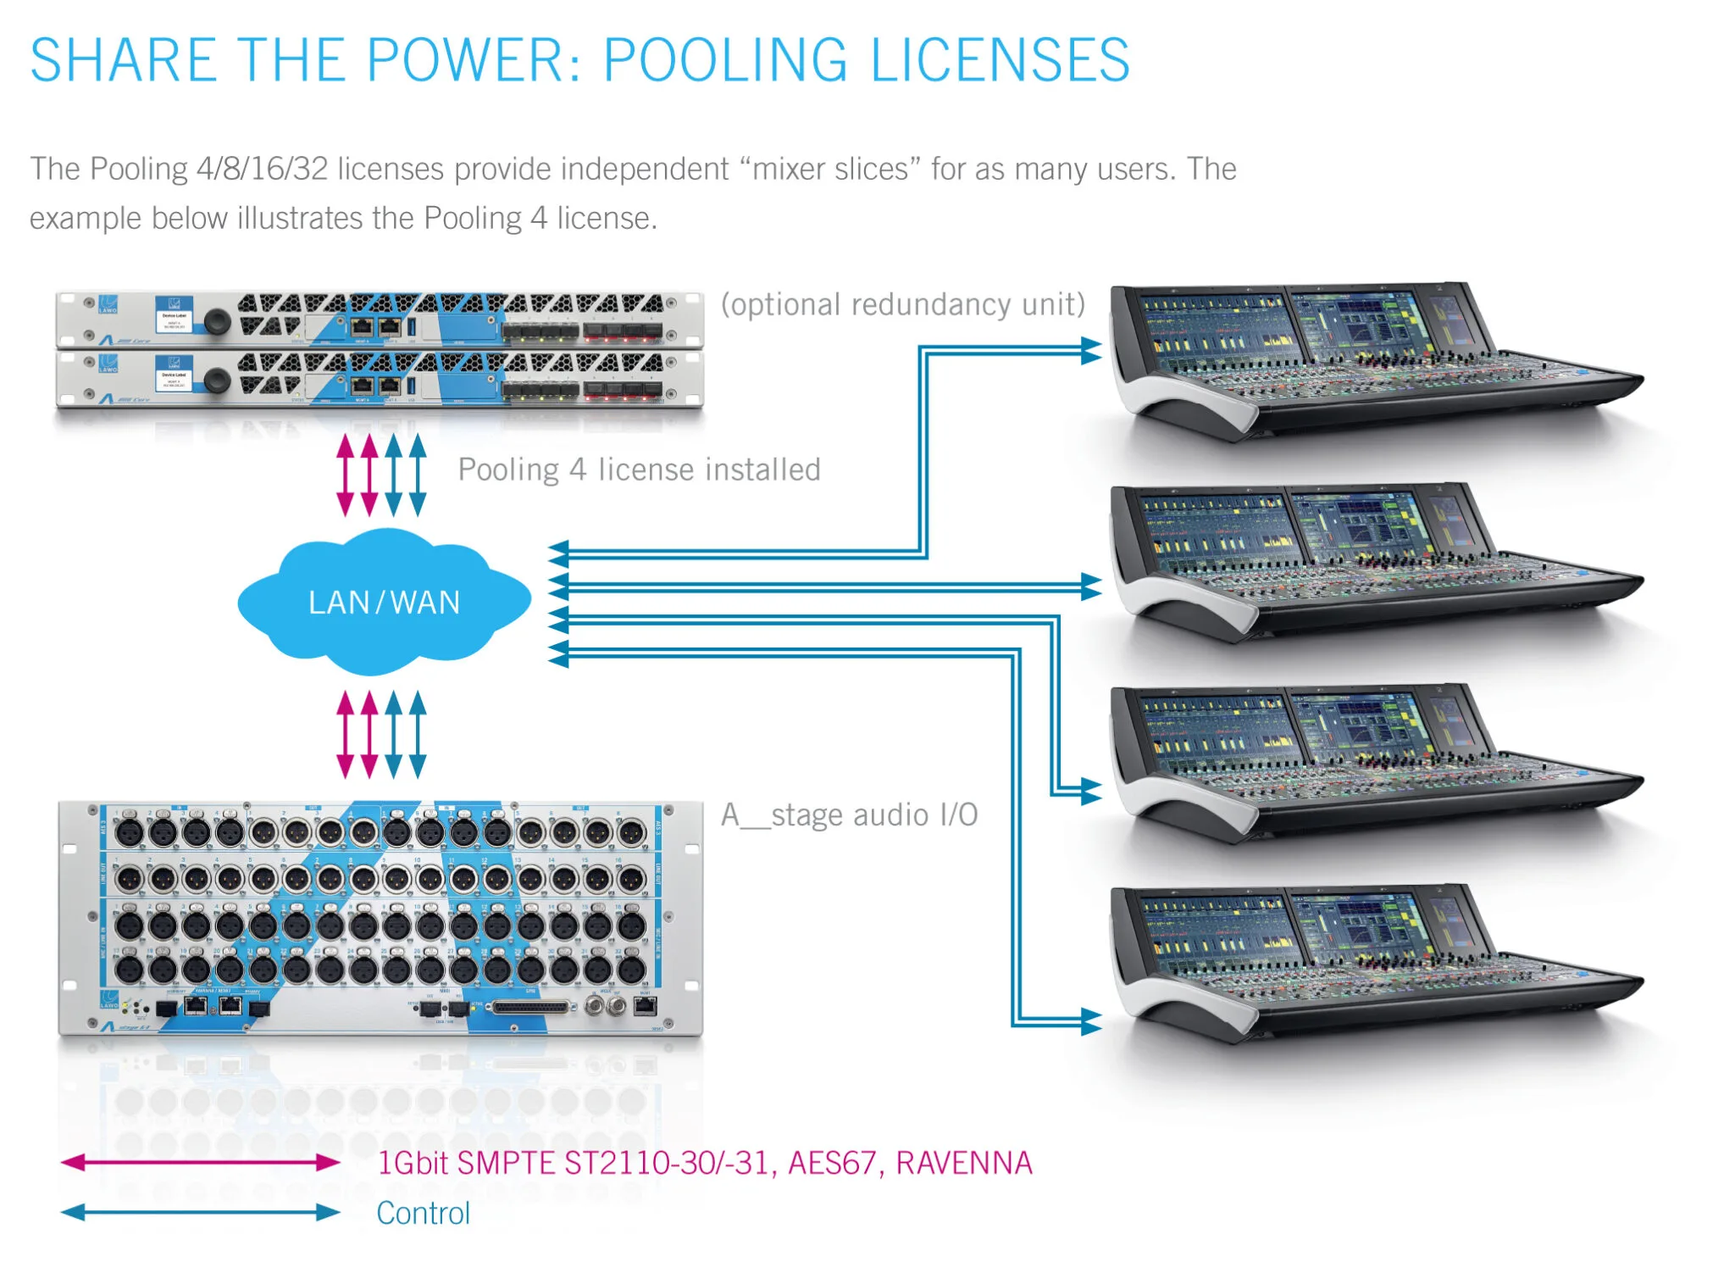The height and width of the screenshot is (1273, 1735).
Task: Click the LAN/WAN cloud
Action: (x=384, y=602)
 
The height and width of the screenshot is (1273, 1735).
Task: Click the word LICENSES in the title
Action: (x=1000, y=60)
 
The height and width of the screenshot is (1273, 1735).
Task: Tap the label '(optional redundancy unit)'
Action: (x=902, y=304)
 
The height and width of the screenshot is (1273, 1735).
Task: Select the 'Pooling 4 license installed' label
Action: (x=639, y=470)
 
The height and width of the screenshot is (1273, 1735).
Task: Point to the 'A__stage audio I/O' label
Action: (x=849, y=814)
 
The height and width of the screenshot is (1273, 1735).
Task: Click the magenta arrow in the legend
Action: (x=200, y=1162)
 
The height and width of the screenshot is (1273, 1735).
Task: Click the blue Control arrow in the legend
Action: (x=200, y=1212)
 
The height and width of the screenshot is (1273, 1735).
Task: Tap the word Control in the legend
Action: (x=423, y=1213)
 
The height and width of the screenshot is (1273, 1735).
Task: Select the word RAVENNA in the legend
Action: (x=964, y=1163)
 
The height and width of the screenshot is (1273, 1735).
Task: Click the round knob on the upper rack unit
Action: (x=217, y=321)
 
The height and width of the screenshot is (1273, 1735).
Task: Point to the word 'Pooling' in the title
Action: (x=724, y=60)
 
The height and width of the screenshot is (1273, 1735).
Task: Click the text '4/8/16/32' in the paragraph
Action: (x=262, y=169)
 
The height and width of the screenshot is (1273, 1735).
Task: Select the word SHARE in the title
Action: (x=123, y=60)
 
